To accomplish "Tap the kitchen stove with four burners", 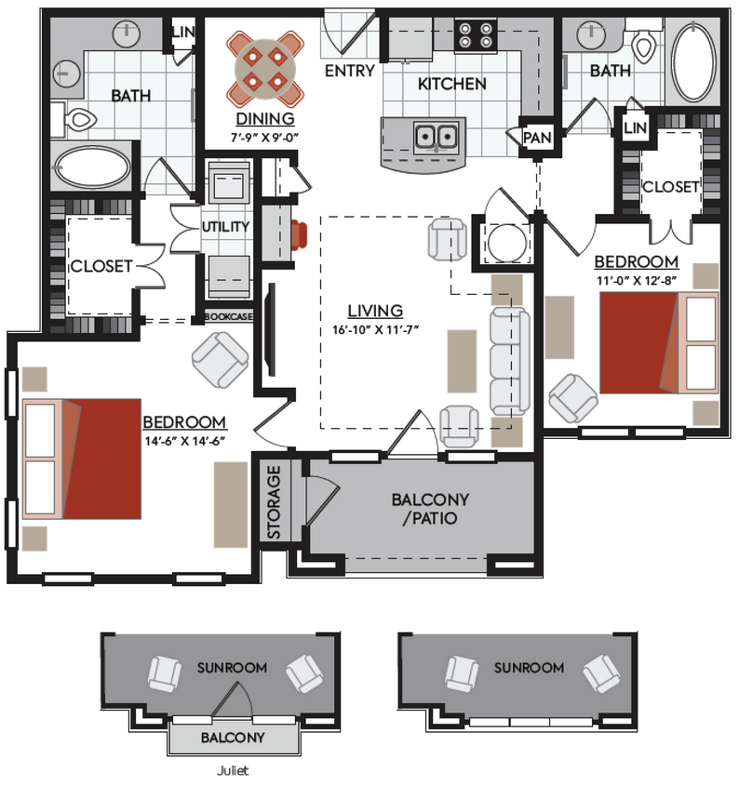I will [474, 38].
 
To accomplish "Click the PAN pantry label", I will [537, 138].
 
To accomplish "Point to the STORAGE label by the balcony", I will [275, 501].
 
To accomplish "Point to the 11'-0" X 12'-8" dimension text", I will [637, 278].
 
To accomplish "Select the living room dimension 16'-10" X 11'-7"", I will [375, 328].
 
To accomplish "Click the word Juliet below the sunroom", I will [233, 770].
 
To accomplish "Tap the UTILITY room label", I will [225, 226].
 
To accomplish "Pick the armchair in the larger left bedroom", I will [220, 360].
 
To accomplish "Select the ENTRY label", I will [349, 71].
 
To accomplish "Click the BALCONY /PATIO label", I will [424, 508].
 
